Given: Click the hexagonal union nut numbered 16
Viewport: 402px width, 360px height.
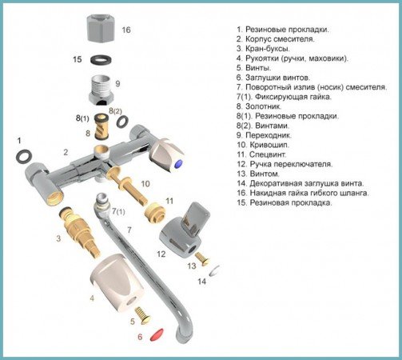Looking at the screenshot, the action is [x=101, y=28].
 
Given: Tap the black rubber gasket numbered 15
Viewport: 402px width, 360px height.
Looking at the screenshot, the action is [x=101, y=60].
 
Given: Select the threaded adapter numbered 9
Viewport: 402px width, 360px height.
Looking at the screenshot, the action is [x=101, y=90].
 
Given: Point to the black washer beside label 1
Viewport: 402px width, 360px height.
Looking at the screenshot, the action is [x=24, y=156].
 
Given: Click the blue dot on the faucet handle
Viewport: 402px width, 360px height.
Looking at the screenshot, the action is [x=178, y=164].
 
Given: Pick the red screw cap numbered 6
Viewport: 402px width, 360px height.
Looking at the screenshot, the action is [x=157, y=334].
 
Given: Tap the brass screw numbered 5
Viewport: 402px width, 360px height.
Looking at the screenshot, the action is [x=142, y=315].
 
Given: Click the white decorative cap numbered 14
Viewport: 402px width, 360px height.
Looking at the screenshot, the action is [x=214, y=271].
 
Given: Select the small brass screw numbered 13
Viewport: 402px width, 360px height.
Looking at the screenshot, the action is [x=202, y=258].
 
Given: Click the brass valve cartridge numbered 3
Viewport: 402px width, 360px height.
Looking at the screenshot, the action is [x=79, y=231].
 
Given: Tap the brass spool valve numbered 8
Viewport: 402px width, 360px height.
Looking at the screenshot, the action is [x=101, y=126].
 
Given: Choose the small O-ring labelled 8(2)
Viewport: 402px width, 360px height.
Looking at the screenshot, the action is [x=122, y=122].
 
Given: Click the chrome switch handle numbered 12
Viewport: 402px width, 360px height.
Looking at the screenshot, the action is [x=184, y=230].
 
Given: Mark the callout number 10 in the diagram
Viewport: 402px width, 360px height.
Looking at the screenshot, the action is [x=145, y=183].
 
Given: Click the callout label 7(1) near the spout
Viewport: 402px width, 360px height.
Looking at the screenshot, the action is [x=118, y=211].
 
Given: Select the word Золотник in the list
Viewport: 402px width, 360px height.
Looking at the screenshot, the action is [x=263, y=106].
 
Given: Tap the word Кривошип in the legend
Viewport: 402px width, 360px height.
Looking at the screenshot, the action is [x=269, y=145].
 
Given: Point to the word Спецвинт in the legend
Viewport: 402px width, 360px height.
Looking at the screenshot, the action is [x=268, y=154].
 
